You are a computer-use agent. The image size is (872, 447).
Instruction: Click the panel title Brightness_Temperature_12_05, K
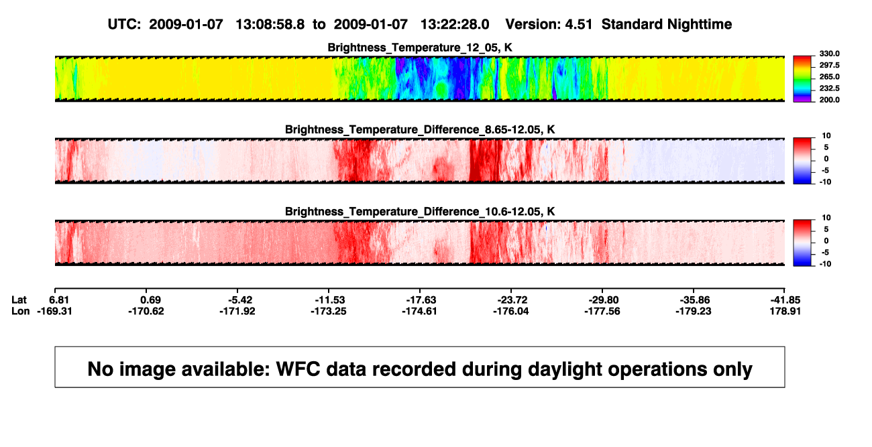pyautogui.click(x=420, y=48)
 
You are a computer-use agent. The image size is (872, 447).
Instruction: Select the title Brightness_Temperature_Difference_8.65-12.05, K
pyautogui.click(x=420, y=129)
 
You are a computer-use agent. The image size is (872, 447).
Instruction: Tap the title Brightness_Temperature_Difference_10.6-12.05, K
pyautogui.click(x=420, y=212)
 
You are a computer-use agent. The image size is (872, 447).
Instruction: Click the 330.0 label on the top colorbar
pyautogui.click(x=829, y=54)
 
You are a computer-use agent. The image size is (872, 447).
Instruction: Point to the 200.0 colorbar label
pyautogui.click(x=829, y=100)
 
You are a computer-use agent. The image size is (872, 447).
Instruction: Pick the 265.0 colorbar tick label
pyautogui.click(x=829, y=76)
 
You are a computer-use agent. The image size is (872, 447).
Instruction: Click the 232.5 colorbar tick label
pyautogui.click(x=829, y=88)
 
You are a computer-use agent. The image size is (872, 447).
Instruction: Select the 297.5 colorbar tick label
pyautogui.click(x=829, y=65)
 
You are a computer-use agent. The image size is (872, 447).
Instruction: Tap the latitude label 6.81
pyautogui.click(x=59, y=300)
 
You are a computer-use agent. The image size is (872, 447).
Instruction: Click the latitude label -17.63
pyautogui.click(x=421, y=300)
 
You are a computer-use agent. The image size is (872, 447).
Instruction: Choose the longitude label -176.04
pyautogui.click(x=510, y=311)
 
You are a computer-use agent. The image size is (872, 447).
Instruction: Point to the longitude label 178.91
pyautogui.click(x=785, y=311)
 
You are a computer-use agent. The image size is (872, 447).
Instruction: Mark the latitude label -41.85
pyautogui.click(x=785, y=300)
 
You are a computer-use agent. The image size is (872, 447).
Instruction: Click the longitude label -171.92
pyautogui.click(x=237, y=311)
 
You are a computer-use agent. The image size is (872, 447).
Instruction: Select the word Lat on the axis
pyautogui.click(x=19, y=300)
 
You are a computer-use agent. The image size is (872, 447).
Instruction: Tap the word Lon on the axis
pyautogui.click(x=21, y=311)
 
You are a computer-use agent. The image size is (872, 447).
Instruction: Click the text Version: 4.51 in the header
pyautogui.click(x=549, y=24)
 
